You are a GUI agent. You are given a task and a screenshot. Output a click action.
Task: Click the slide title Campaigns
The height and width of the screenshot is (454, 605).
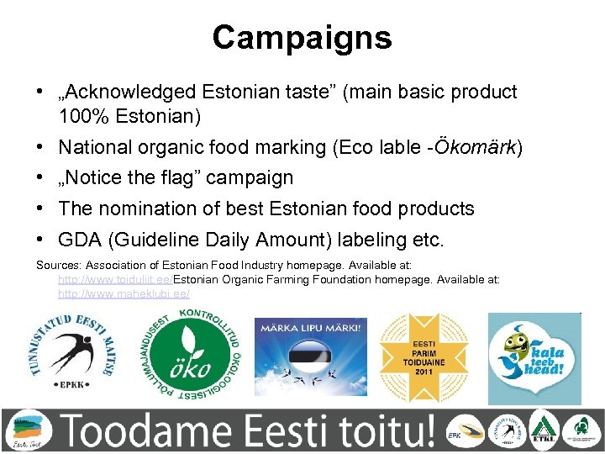tap(302, 37)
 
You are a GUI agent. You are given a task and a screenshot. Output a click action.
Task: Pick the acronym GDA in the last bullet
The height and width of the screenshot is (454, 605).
tap(80, 240)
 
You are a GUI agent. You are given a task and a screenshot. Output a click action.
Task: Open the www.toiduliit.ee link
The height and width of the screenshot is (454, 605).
tap(115, 278)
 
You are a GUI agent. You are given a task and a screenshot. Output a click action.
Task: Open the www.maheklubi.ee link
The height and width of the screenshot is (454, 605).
tap(124, 293)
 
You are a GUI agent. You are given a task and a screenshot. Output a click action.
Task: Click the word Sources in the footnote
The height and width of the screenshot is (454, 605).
tap(55, 264)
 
